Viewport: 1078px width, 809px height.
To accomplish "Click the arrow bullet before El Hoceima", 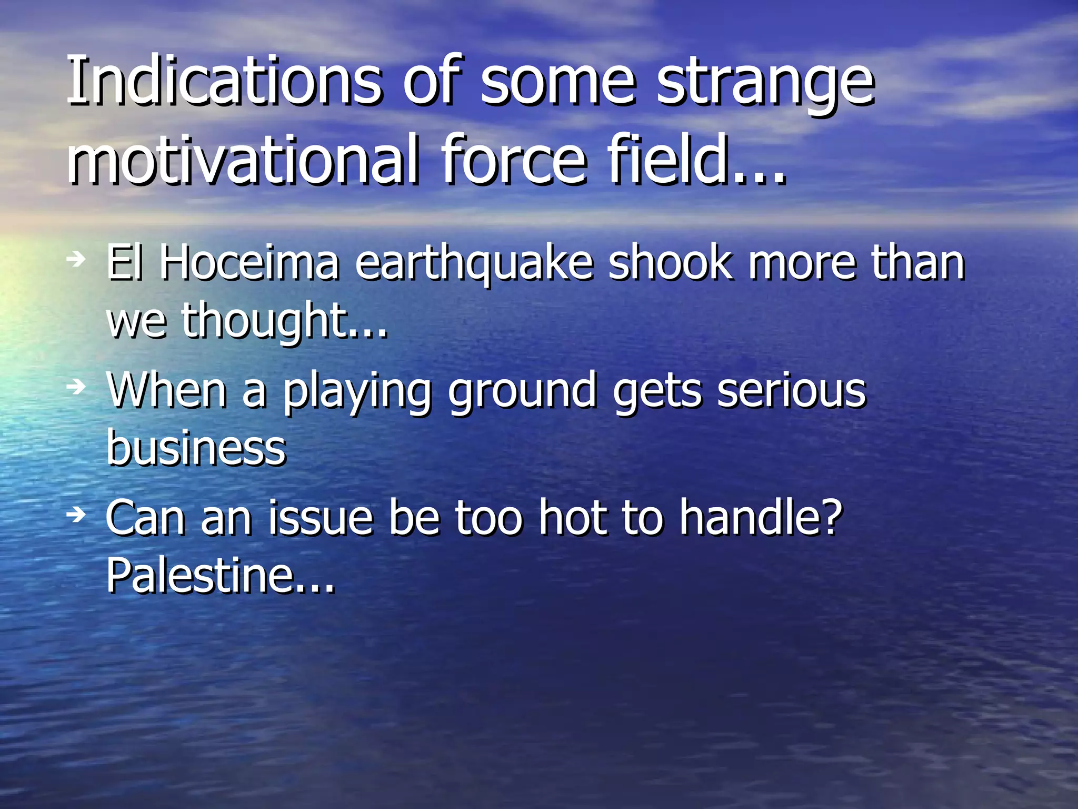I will [77, 258].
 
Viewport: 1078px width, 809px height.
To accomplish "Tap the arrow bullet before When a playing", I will [77, 387].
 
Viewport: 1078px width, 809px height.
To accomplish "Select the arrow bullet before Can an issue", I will [77, 514].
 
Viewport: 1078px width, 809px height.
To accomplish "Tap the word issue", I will [321, 518].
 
